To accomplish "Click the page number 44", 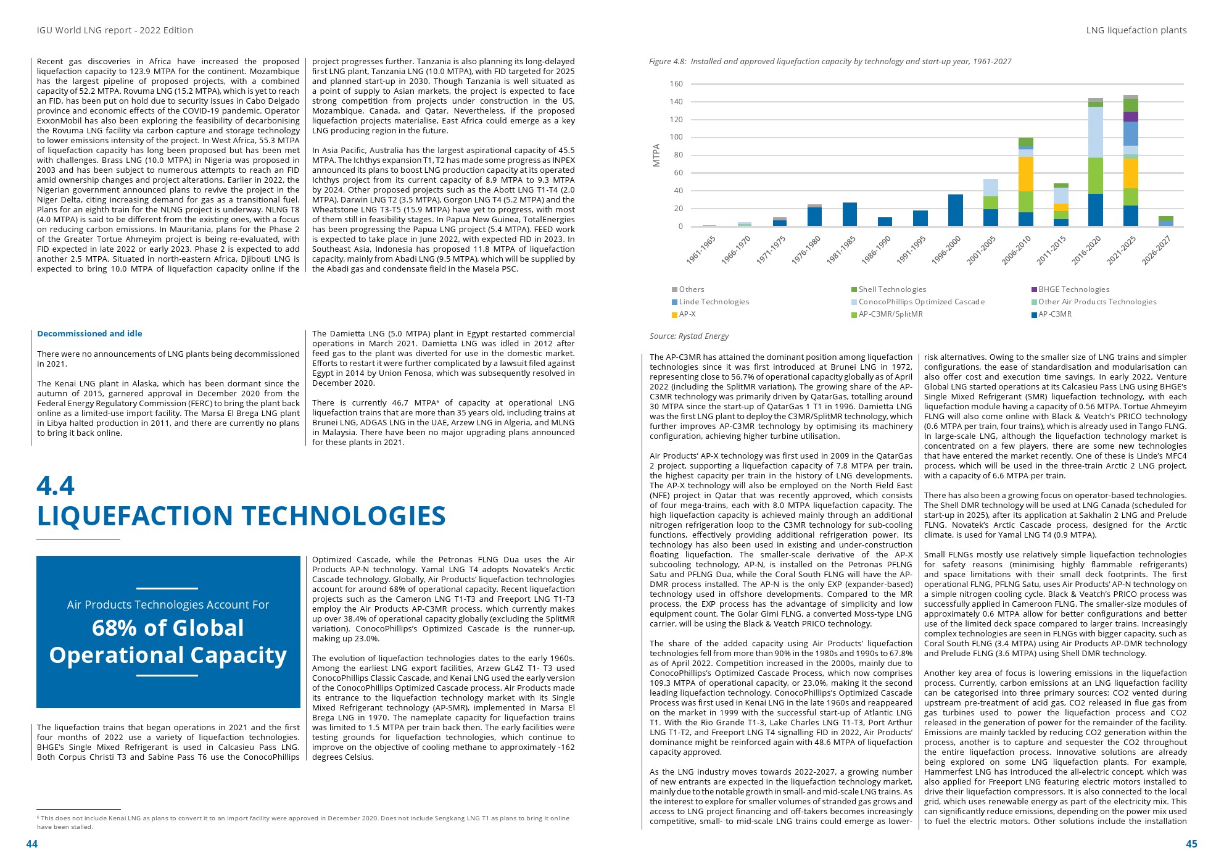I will pyautogui.click(x=31, y=844).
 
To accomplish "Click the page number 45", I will pyautogui.click(x=1191, y=844).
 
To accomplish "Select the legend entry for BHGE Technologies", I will pyautogui.click(x=1073, y=289).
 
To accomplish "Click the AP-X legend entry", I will pyautogui.click(x=687, y=314).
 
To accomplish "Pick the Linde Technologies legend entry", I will pyautogui.click(x=714, y=302).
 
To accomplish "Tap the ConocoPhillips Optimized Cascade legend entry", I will pyautogui.click(x=921, y=302).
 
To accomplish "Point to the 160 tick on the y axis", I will pyautogui.click(x=676, y=84).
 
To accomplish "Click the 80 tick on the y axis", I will pyautogui.click(x=678, y=155).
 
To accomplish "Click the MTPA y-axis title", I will pyautogui.click(x=656, y=155).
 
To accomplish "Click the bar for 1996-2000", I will pyautogui.click(x=955, y=210).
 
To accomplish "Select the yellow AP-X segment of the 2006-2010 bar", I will pyautogui.click(x=1025, y=173).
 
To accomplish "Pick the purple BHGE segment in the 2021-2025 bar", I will pyautogui.click(x=1130, y=116).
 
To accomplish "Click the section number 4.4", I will pyautogui.click(x=56, y=486).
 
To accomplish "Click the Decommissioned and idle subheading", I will pyautogui.click(x=89, y=334).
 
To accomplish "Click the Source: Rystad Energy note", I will pyautogui.click(x=688, y=336).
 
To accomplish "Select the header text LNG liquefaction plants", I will pyautogui.click(x=1136, y=30).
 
